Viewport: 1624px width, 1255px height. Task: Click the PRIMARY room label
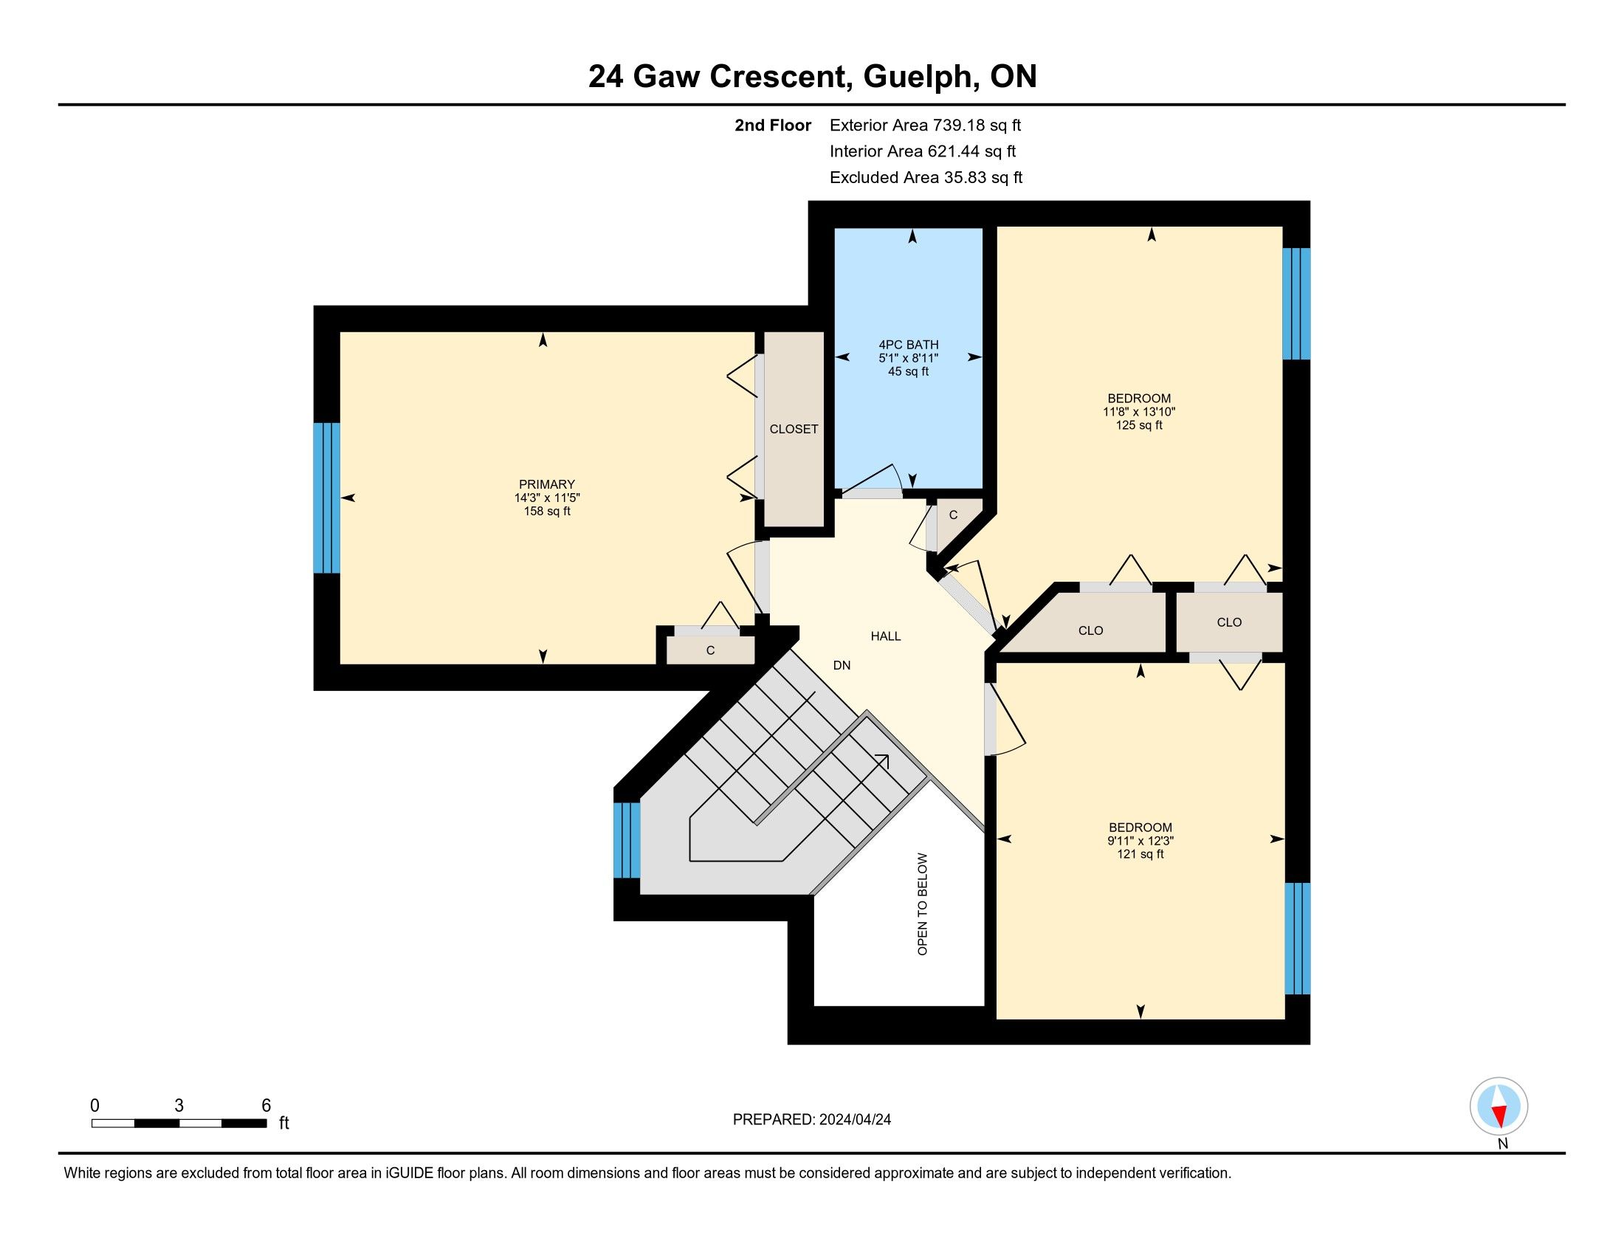(x=546, y=484)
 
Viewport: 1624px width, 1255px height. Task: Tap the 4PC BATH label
(x=908, y=345)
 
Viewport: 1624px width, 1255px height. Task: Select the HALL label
(x=886, y=636)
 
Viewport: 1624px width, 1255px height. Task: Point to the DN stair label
(x=842, y=665)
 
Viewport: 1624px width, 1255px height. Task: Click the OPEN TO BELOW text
(x=923, y=904)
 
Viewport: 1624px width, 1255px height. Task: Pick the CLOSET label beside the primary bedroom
(x=794, y=429)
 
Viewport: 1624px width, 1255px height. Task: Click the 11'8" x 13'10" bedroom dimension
(x=1139, y=411)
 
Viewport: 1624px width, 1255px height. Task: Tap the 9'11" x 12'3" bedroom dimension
(x=1140, y=841)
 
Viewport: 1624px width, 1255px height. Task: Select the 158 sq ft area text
(x=546, y=512)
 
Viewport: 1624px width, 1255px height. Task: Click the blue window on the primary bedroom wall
(x=326, y=498)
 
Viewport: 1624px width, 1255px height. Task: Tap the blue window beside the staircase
(x=626, y=840)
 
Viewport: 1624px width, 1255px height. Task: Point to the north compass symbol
(x=1499, y=1107)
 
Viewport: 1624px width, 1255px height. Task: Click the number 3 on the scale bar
(x=179, y=1106)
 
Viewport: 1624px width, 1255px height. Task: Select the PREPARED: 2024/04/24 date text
(x=812, y=1120)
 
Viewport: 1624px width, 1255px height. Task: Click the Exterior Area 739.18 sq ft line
(x=925, y=125)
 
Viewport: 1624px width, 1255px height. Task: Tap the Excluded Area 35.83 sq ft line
(x=926, y=177)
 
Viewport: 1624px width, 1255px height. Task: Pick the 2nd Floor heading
(x=773, y=125)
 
